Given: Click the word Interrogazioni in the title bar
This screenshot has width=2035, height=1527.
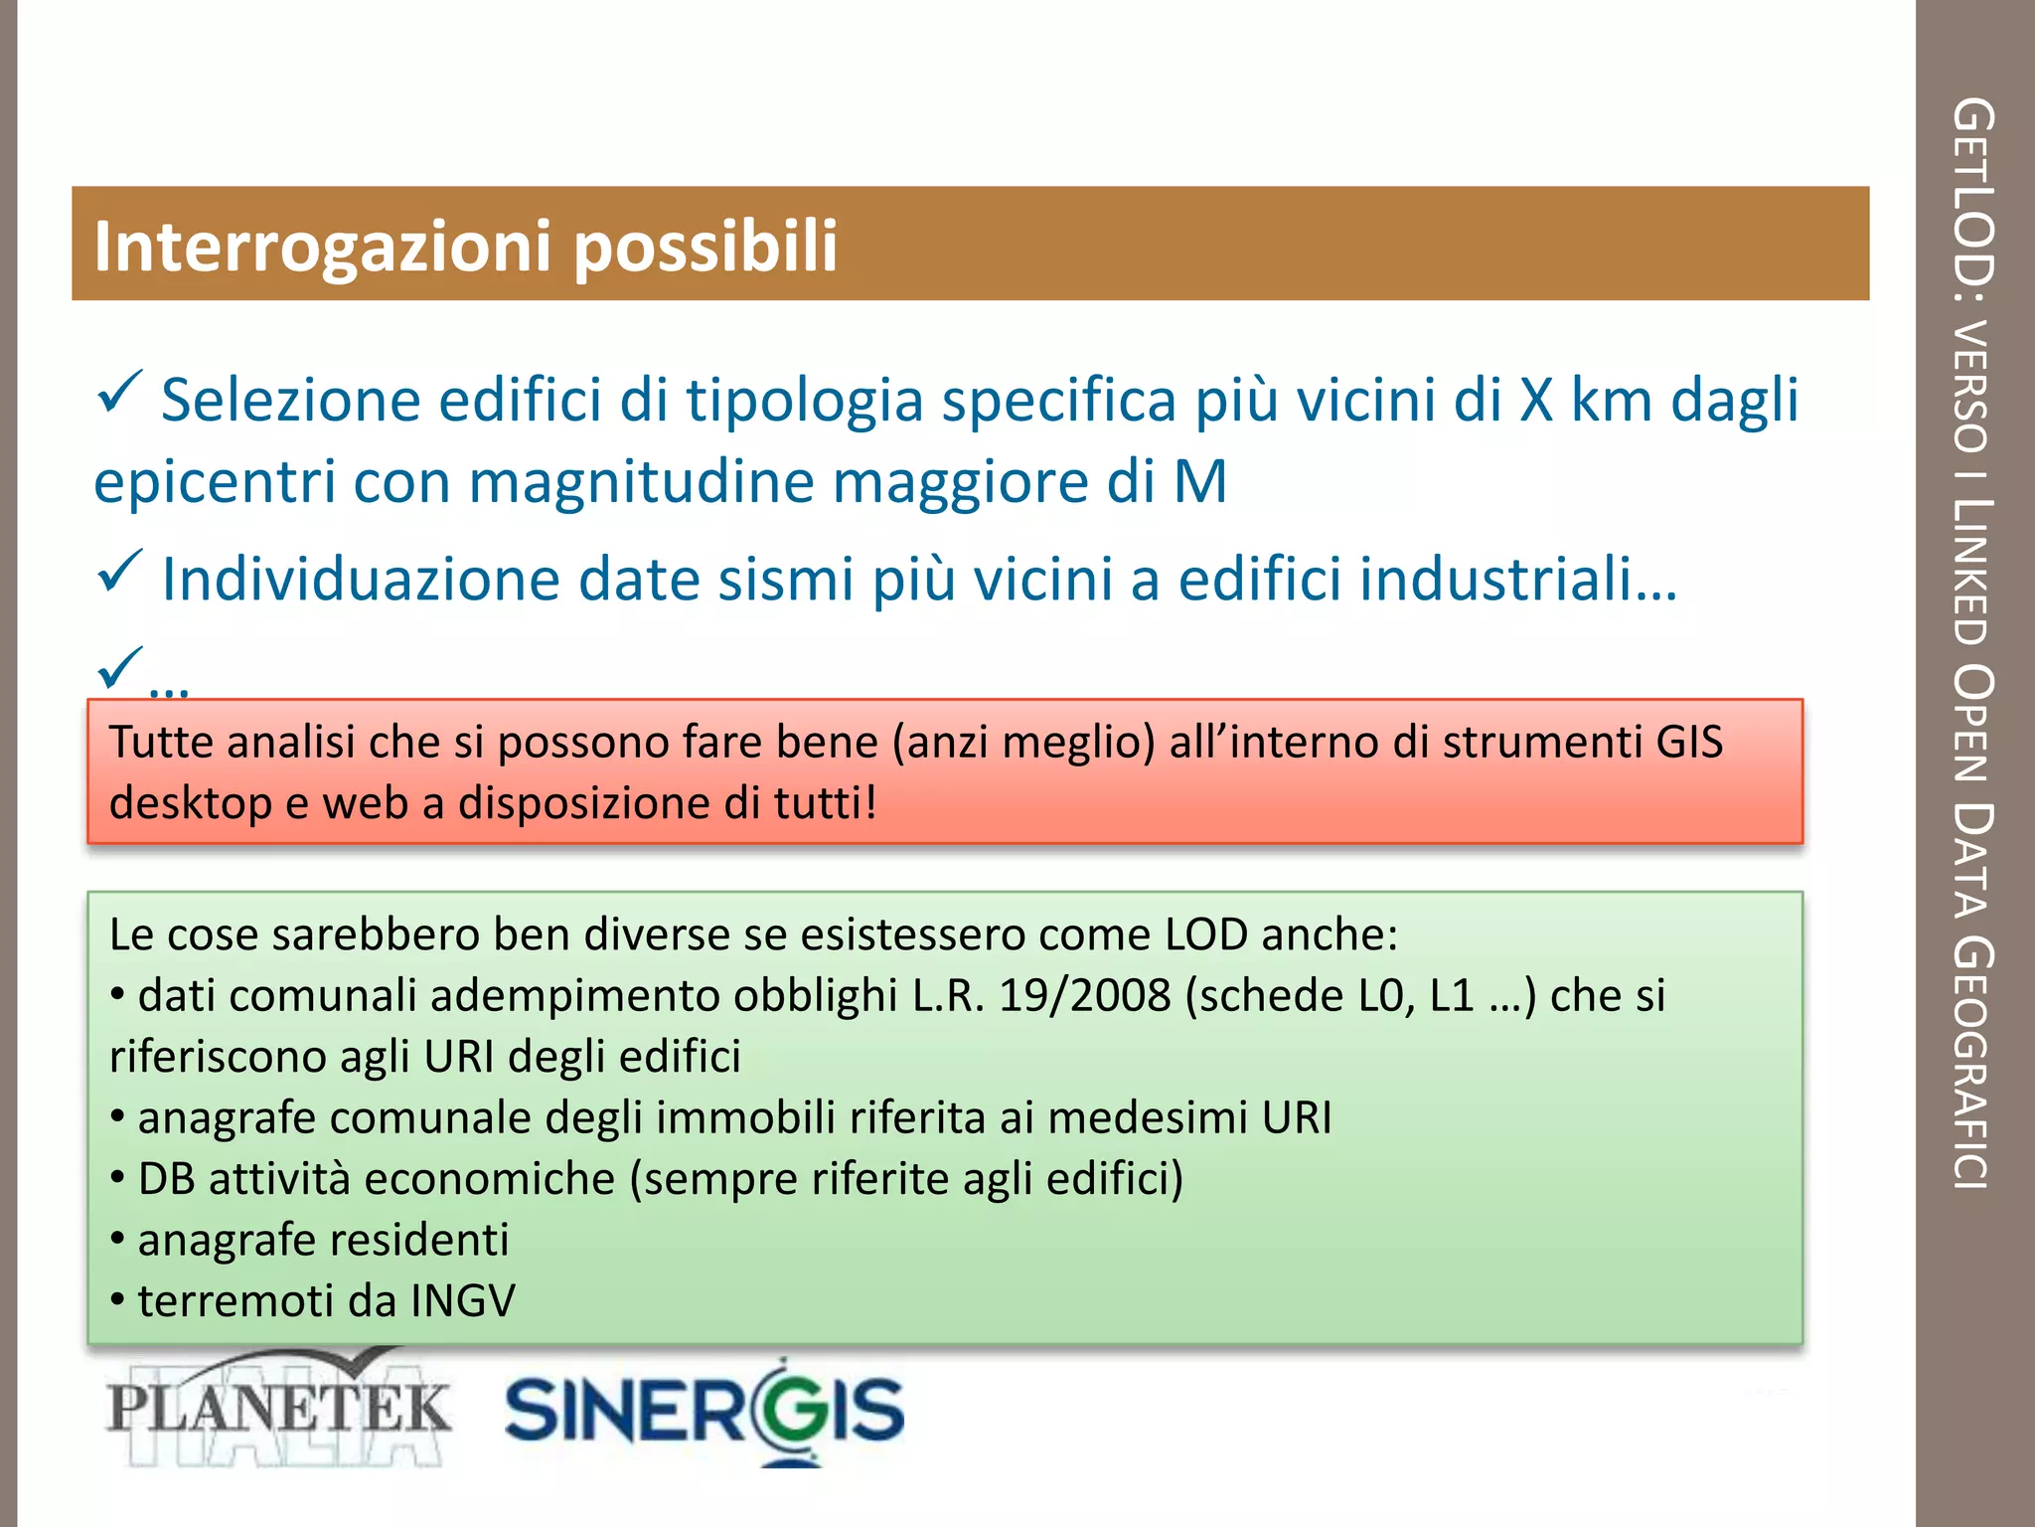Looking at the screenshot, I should tap(322, 247).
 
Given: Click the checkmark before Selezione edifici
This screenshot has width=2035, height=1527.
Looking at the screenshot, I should tap(120, 393).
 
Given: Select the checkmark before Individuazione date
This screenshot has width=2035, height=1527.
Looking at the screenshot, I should tap(120, 572).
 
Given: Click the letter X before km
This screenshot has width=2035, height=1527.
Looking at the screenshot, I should tap(1536, 401).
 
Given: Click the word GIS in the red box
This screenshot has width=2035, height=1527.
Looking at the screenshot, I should tap(1689, 743).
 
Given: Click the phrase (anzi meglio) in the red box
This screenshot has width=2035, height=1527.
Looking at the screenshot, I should tap(1023, 743).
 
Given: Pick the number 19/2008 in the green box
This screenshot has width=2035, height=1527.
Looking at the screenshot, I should tap(1085, 996).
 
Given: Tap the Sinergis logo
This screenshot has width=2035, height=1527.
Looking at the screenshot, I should tap(704, 1410).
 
